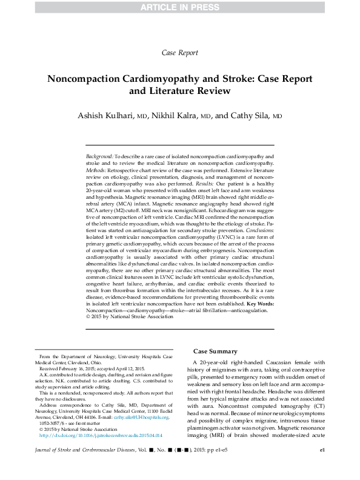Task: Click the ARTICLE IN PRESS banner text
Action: (x=180, y=7)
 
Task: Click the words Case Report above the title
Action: (x=180, y=53)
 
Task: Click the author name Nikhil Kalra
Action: (x=180, y=116)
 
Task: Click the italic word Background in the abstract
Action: (x=99, y=156)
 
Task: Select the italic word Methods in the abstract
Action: (x=97, y=170)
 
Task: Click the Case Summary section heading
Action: (x=215, y=352)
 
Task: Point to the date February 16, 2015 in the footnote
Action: (x=72, y=368)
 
